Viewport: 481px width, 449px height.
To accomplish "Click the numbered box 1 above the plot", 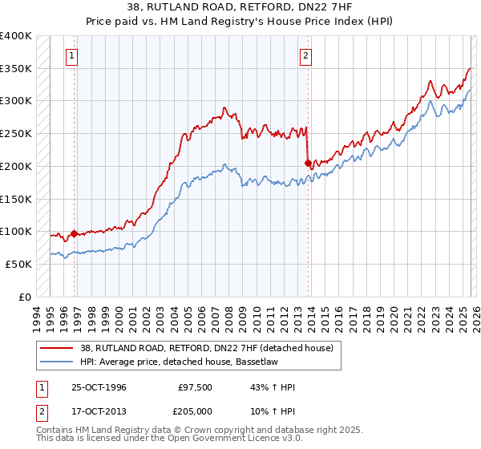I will (73, 56).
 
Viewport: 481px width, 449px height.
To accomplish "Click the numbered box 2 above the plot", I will (305, 56).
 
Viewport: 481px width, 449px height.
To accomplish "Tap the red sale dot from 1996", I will (75, 233).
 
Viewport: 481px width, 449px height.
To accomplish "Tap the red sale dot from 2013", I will (308, 163).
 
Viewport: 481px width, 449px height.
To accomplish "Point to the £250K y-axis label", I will (16, 134).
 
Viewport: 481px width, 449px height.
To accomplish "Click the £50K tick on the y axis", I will (18, 264).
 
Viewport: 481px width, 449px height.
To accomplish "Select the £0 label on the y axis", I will (26, 297).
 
